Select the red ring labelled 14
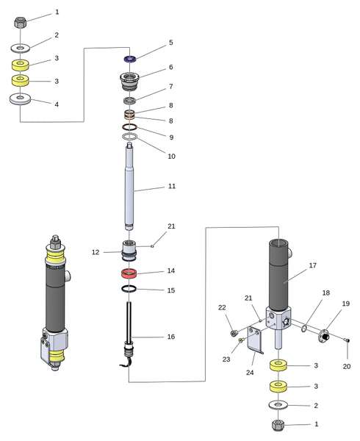pos(129,273)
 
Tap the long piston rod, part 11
pos(129,186)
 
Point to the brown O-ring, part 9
pos(130,127)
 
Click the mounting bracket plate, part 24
pos(255,340)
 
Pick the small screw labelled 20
pos(348,340)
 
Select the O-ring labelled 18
pos(304,329)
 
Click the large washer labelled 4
pos(21,98)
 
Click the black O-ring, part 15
pos(129,289)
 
